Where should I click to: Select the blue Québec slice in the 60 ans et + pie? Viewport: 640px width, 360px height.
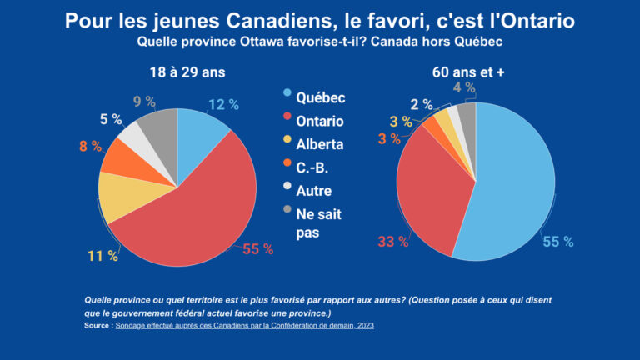(512, 183)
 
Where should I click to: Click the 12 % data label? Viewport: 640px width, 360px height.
(223, 105)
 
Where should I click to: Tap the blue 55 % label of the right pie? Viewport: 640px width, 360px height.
(557, 242)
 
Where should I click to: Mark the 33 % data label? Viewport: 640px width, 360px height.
(393, 242)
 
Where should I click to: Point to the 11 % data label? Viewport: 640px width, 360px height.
(103, 257)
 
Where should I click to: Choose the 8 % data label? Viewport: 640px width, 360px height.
(89, 146)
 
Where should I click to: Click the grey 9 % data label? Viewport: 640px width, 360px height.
(144, 102)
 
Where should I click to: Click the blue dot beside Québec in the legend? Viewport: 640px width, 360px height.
(287, 97)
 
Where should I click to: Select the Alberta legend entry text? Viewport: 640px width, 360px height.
(320, 144)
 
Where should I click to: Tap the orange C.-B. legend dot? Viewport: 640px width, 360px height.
(287, 167)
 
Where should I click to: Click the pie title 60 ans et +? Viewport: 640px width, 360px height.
(468, 72)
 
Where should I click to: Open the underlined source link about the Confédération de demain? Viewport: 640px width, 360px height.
(245, 325)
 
